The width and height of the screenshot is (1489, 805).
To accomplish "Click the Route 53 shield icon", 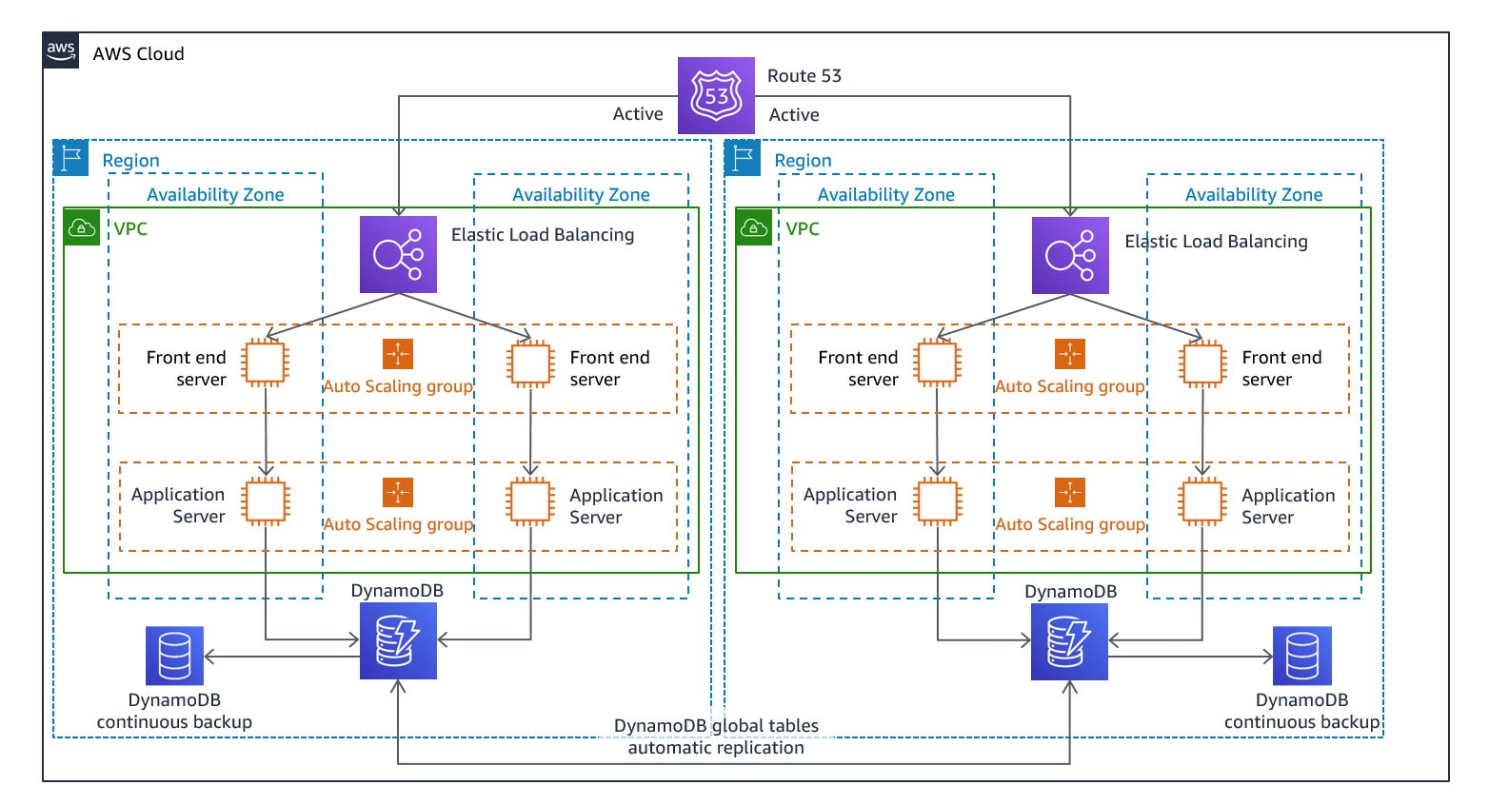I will click(x=716, y=95).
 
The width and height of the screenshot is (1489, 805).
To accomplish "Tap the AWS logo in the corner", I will click(x=61, y=50).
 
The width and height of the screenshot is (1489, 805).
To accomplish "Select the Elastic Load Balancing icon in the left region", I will click(x=398, y=254).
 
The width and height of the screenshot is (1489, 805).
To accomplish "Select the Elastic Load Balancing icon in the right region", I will click(x=1070, y=255).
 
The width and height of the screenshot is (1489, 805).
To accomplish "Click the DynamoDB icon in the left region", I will click(x=398, y=640).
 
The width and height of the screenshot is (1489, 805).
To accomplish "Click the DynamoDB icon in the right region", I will click(x=1069, y=641).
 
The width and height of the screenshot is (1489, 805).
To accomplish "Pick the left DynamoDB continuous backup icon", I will click(x=174, y=656).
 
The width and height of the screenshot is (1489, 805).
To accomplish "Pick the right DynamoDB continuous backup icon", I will click(x=1301, y=656).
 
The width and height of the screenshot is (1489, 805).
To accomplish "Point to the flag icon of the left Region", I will click(x=71, y=158).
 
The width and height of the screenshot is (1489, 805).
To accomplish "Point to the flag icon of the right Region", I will click(x=743, y=158).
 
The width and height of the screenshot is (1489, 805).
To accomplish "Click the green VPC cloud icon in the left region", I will click(x=82, y=227).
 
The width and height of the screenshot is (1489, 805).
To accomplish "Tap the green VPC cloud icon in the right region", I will click(x=754, y=227).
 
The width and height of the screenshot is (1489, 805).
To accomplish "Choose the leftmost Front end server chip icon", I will click(x=265, y=363).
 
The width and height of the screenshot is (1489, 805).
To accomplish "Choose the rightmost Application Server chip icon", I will click(x=1201, y=501).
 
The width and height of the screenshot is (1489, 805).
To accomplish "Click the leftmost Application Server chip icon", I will click(x=266, y=501).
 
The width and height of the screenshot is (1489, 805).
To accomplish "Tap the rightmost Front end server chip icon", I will click(x=1202, y=363).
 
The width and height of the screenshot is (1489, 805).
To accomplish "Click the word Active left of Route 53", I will click(x=638, y=114).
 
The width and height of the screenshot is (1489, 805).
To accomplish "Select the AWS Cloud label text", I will click(x=138, y=54).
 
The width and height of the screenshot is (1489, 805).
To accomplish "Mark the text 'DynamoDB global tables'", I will click(x=716, y=725).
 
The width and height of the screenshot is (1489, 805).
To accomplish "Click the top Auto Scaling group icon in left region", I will click(x=398, y=354).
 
